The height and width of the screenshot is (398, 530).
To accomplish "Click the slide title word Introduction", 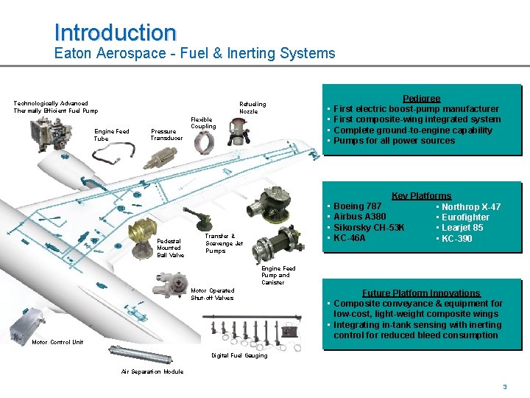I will click(116, 32).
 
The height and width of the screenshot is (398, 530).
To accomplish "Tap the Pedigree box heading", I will click(421, 98).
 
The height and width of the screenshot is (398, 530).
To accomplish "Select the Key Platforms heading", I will click(421, 195).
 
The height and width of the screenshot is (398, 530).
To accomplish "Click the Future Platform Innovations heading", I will click(421, 293).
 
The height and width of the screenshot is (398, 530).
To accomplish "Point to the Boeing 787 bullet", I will click(358, 206).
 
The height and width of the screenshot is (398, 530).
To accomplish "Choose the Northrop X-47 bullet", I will click(469, 206).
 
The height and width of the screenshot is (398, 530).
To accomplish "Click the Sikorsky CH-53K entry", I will click(369, 228).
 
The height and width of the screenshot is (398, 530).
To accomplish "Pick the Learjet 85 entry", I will click(460, 228).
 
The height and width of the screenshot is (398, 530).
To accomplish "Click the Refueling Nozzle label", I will click(252, 108).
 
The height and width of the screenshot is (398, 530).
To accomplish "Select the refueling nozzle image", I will click(239, 133).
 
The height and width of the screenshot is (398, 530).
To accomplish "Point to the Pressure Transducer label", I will click(163, 135).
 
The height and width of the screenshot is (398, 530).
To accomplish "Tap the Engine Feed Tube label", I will click(111, 135).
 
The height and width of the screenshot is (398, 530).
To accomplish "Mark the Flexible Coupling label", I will click(203, 122).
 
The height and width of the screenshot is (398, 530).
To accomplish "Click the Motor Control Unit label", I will click(57, 342).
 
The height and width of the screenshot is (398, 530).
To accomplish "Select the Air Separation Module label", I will click(152, 371).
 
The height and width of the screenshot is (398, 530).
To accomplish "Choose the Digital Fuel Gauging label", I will click(240, 356).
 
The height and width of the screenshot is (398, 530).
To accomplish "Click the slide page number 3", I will click(505, 387).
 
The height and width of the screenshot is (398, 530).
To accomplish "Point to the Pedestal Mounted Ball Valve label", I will click(171, 248).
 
